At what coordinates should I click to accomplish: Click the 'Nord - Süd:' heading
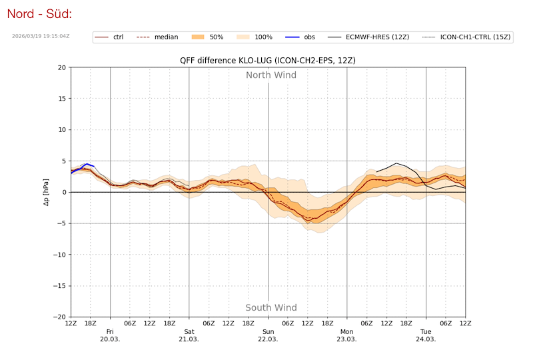[x=39, y=14]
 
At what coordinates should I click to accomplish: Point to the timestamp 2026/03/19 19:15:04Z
[x=41, y=36]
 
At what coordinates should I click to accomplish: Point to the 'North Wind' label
[x=271, y=75]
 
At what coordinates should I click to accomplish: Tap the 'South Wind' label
[x=271, y=308]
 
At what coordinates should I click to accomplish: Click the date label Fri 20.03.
[x=110, y=335]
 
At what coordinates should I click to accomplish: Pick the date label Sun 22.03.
[x=268, y=335]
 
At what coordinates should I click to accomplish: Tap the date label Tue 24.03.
[x=426, y=335]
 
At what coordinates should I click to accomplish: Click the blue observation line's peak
[x=87, y=163]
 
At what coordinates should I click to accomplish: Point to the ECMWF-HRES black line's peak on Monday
[x=397, y=163]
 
